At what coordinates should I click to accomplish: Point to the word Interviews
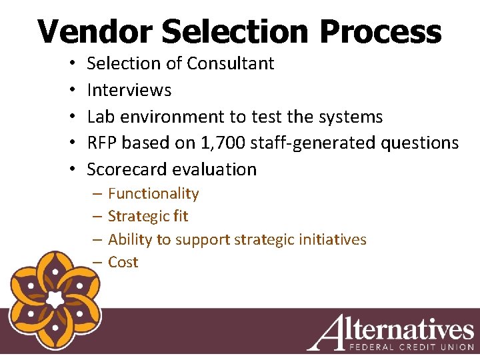[x=129, y=90]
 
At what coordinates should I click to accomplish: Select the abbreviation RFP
[x=103, y=143]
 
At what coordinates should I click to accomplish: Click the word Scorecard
[x=127, y=169]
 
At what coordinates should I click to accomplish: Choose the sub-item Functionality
[x=153, y=193]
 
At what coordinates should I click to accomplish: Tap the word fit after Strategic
[x=179, y=216]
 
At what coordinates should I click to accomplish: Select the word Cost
[x=123, y=262]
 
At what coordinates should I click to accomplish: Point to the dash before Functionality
[x=97, y=194]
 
